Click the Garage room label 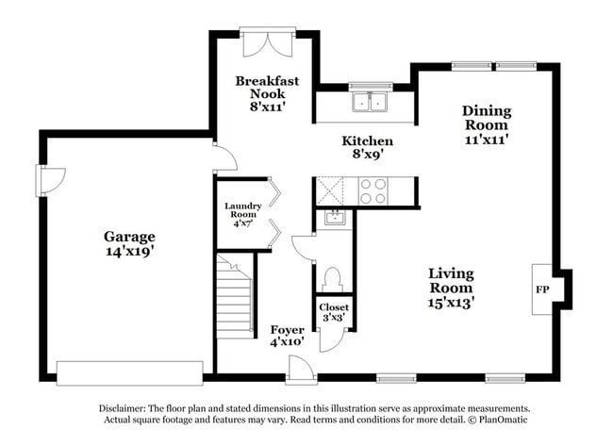(x=129, y=244)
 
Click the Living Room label (x=452, y=288)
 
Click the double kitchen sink (x=372, y=101)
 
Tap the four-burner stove (x=373, y=191)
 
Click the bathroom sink (x=333, y=219)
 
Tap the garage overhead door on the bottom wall (x=130, y=369)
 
